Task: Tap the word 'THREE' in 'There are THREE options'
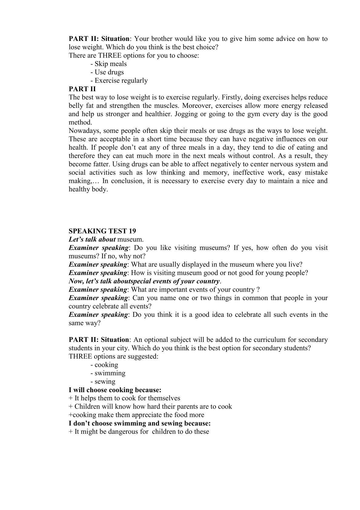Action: click(x=108, y=55)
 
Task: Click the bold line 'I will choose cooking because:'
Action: click(x=115, y=390)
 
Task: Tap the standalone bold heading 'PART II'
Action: click(x=82, y=89)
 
